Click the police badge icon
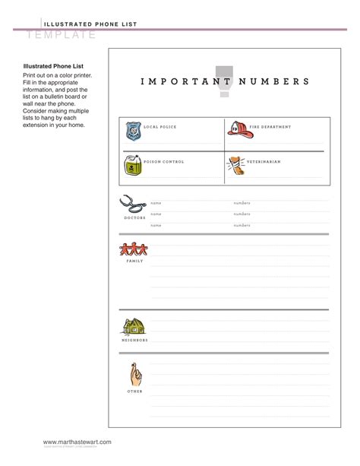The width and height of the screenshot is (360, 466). click(134, 131)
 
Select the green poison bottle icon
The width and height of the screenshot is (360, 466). click(133, 165)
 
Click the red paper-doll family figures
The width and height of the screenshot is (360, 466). click(134, 249)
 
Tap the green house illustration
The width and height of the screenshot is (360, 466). click(134, 326)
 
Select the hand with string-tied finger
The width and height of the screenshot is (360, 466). click(134, 375)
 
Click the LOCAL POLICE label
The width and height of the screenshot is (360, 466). click(160, 127)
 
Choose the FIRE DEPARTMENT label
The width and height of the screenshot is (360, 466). click(270, 127)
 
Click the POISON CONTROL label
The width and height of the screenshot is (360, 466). click(163, 162)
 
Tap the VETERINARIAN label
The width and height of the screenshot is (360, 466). click(264, 162)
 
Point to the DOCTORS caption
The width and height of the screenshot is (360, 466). click(134, 218)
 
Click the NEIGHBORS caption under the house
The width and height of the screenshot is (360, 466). click(134, 340)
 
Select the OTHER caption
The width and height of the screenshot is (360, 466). click(134, 391)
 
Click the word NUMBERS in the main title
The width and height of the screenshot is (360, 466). click(274, 81)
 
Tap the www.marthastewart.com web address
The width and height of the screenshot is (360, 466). click(77, 442)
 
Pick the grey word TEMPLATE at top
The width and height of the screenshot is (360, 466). click(62, 35)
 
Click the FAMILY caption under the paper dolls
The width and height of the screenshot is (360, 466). click(134, 261)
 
